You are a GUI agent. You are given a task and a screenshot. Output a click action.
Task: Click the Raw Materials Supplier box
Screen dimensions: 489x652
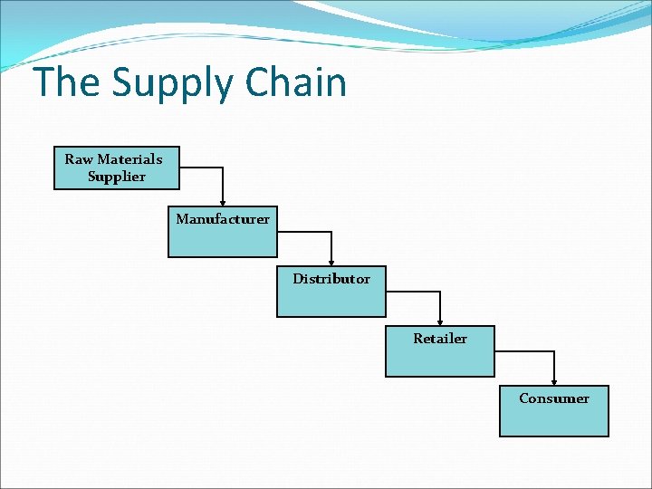tap(115, 168)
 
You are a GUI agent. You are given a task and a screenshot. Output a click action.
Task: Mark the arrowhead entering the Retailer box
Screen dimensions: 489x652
tap(440, 321)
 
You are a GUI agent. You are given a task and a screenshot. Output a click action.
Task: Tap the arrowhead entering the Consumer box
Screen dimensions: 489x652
tap(554, 381)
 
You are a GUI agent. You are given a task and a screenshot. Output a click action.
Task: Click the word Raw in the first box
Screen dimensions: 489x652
tap(78, 159)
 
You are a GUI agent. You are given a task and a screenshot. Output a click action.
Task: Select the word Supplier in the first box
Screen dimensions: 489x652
tap(116, 177)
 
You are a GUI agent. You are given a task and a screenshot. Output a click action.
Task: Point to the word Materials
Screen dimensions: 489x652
tap(129, 159)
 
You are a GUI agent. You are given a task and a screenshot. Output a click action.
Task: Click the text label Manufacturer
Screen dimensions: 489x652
tap(222, 219)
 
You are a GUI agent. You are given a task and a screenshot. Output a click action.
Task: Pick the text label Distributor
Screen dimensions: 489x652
tap(331, 279)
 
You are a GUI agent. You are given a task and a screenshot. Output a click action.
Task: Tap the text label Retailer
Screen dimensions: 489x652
tap(440, 339)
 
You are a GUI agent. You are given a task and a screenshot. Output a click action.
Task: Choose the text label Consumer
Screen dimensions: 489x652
tap(553, 398)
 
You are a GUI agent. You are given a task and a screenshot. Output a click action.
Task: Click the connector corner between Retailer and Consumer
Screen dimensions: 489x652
tap(554, 352)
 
